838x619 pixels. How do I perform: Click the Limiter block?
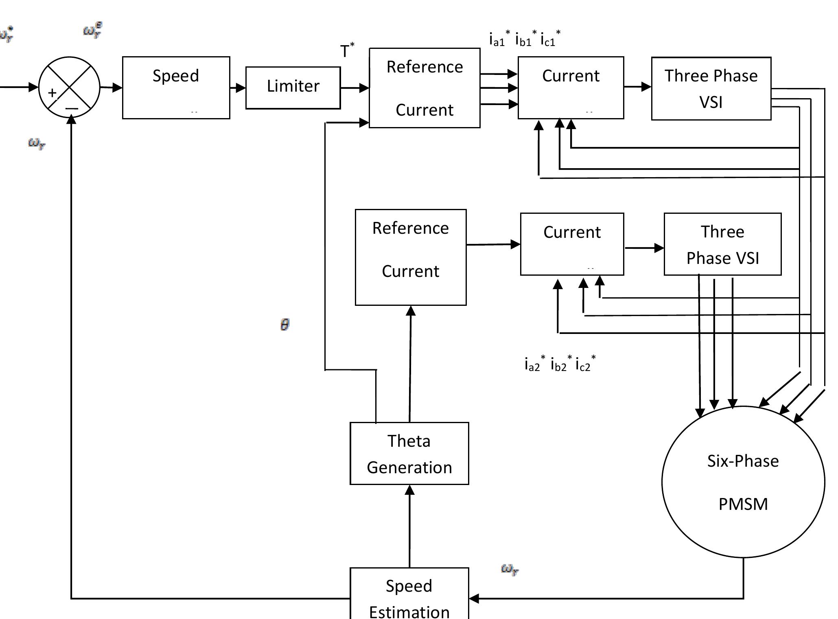point(293,88)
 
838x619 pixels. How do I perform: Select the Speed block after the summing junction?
point(176,88)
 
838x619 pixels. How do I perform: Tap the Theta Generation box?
point(409,453)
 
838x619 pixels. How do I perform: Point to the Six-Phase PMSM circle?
point(743,482)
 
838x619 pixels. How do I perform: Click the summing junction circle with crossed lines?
point(69,87)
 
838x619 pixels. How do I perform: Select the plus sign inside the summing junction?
point(52,93)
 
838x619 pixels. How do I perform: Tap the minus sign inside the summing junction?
point(72,108)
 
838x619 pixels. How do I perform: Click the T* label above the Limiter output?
point(347,50)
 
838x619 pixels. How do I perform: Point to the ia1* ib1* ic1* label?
point(525,39)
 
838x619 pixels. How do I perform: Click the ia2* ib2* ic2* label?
point(560,364)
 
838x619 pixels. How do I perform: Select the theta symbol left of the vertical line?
point(285,325)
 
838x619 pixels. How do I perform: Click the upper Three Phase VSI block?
point(711,88)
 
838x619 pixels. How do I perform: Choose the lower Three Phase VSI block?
point(722,244)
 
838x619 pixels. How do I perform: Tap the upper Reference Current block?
point(424,88)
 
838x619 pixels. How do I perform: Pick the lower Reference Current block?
point(410,257)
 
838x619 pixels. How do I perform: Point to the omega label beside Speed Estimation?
point(510,569)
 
